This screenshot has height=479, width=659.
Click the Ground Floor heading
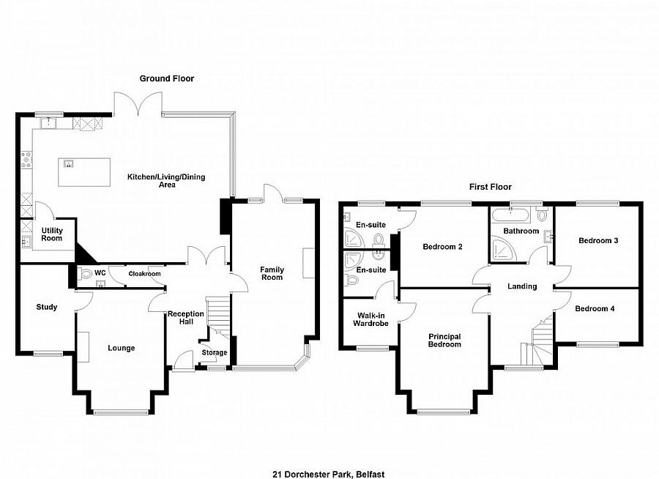(x=167, y=78)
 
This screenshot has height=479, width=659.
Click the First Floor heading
(x=491, y=187)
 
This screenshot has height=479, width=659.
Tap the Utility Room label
(x=52, y=234)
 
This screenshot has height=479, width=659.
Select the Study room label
(x=47, y=307)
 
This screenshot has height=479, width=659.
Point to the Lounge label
(x=122, y=348)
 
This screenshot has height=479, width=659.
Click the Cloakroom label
(x=144, y=274)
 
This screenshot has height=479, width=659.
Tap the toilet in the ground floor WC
(x=85, y=274)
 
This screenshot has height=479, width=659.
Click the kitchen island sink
(x=68, y=163)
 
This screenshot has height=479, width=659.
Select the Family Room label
(x=272, y=273)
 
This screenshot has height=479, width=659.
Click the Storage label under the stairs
(x=215, y=352)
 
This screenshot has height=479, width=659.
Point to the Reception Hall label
(x=186, y=318)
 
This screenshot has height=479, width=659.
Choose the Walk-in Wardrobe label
(x=371, y=319)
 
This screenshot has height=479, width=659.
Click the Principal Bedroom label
(x=444, y=341)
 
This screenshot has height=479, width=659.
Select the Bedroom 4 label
(x=595, y=308)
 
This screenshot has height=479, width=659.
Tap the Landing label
(x=522, y=286)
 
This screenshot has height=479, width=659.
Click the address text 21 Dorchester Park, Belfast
(x=329, y=475)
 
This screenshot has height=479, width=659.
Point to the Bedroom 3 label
(x=598, y=240)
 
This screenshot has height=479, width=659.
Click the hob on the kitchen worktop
(x=27, y=160)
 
